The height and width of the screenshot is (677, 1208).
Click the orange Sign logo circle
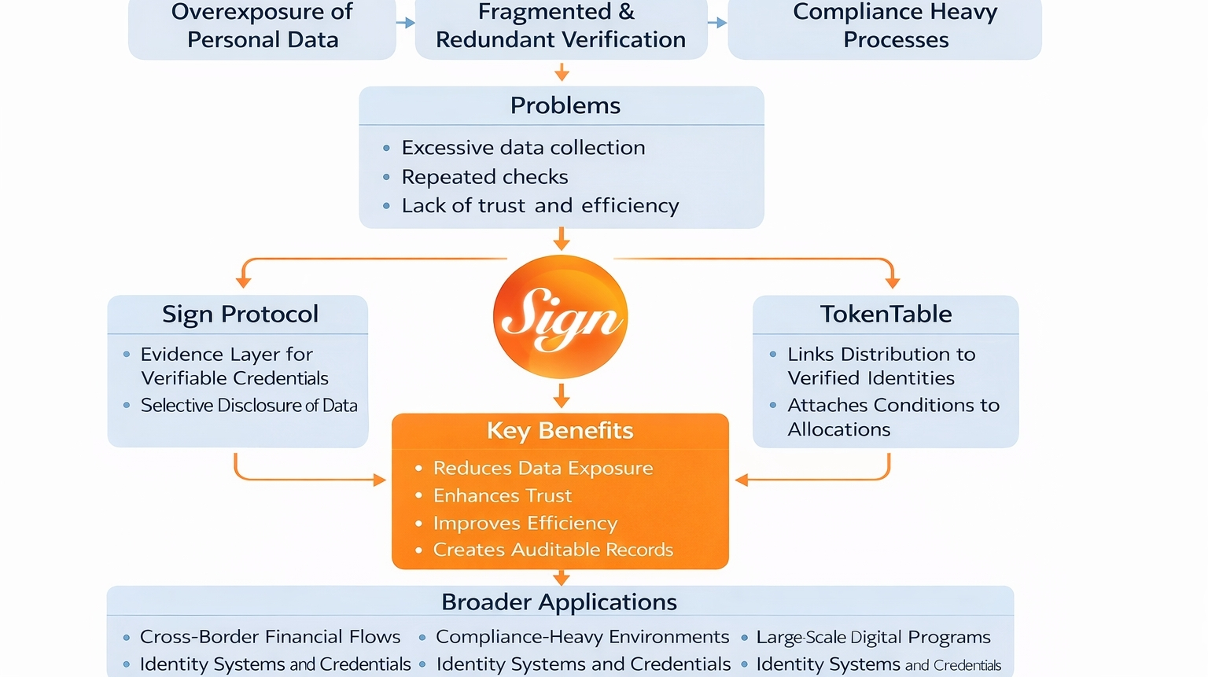pyautogui.click(x=560, y=316)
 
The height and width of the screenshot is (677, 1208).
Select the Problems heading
pyautogui.click(x=565, y=105)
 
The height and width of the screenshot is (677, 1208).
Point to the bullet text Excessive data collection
pyautogui.click(x=523, y=148)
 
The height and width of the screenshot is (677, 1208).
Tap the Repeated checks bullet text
pyautogui.click(x=484, y=177)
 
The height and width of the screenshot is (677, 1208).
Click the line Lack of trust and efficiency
pyautogui.click(x=540, y=206)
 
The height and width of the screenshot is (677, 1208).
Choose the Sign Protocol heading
pyautogui.click(x=240, y=314)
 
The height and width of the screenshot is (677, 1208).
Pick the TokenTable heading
pyautogui.click(x=886, y=314)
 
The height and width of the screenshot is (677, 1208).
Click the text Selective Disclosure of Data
pyautogui.click(x=249, y=406)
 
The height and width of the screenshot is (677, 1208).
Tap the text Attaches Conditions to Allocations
pyautogui.click(x=893, y=417)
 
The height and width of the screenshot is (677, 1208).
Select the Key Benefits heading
pyautogui.click(x=560, y=430)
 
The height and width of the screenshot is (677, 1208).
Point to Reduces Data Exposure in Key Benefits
pyautogui.click(x=543, y=468)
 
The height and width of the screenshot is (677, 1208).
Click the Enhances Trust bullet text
pyautogui.click(x=502, y=495)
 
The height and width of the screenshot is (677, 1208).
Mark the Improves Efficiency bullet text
pyautogui.click(x=525, y=523)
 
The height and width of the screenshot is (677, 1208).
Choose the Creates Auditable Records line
pyautogui.click(x=553, y=550)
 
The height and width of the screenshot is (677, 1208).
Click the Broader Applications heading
pyautogui.click(x=559, y=602)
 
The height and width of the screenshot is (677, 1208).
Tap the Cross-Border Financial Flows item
pyautogui.click(x=270, y=636)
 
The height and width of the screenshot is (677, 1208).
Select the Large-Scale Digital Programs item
pyautogui.click(x=873, y=637)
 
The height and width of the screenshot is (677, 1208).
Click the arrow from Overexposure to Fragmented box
pyautogui.click(x=405, y=23)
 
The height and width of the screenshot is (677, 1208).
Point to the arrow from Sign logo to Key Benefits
pyautogui.click(x=561, y=396)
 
